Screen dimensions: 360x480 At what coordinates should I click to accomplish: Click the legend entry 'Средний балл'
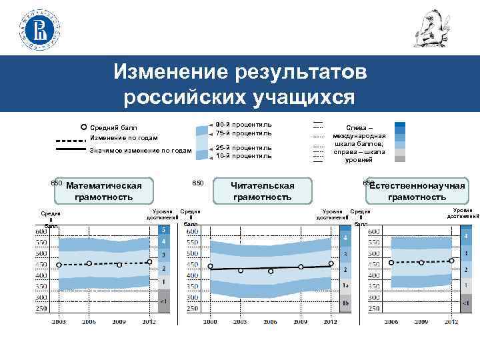point(113,127)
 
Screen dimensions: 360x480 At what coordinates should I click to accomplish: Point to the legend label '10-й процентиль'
point(243,156)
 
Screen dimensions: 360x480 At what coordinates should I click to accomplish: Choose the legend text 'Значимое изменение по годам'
point(140,151)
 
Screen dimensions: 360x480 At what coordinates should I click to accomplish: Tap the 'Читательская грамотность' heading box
point(262,191)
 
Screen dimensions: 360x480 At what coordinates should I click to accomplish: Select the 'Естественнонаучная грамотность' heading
point(417,191)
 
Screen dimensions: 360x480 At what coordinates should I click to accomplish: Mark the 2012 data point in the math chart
point(149,262)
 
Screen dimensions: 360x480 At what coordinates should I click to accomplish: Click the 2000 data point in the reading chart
point(211,267)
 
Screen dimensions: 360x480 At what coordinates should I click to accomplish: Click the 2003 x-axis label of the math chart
point(59,322)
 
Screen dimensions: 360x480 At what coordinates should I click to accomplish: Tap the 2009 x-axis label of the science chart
point(422,322)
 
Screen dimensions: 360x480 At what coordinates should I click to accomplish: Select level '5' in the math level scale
point(164,230)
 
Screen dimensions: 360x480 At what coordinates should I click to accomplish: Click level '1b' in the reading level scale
point(345,302)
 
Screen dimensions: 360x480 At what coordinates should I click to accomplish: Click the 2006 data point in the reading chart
point(271,271)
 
